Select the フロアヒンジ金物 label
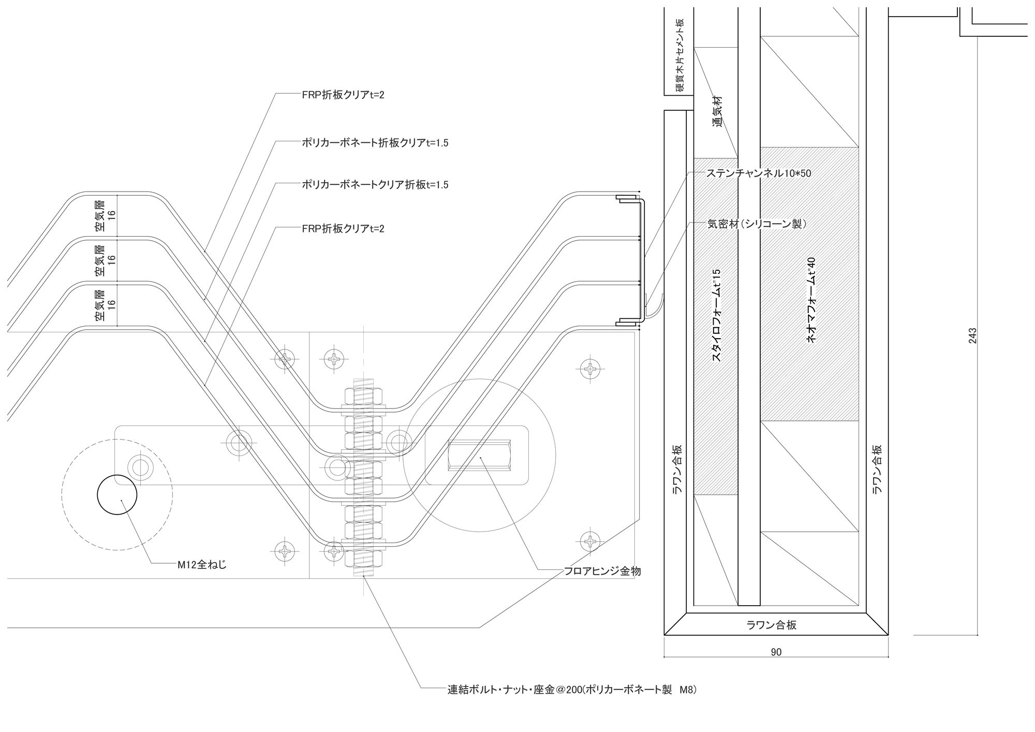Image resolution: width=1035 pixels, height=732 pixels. point(602,571)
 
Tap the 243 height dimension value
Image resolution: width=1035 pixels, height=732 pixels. point(972,336)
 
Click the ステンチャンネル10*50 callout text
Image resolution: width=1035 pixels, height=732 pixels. point(759,174)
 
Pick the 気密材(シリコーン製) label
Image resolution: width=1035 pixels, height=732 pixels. point(757,224)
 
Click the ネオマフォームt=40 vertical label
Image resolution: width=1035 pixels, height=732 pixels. point(811,300)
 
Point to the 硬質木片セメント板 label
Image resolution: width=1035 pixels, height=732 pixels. point(679,55)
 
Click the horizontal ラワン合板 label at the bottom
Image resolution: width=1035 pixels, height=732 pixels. point(772,625)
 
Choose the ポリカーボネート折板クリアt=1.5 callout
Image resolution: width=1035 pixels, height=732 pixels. point(375,143)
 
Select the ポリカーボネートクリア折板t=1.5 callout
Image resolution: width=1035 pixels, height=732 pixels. point(375,184)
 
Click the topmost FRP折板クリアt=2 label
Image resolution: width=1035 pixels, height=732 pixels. point(343,95)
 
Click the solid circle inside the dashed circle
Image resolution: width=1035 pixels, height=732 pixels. point(117,494)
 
